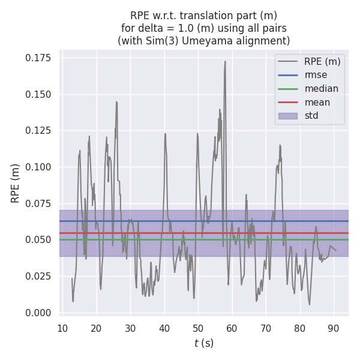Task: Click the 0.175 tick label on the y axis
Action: pos(38,58)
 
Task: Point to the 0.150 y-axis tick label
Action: pos(38,94)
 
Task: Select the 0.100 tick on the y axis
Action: pos(38,167)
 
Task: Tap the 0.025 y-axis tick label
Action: pos(38,276)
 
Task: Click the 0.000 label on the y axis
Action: pos(38,313)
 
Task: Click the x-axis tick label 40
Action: pos(164,328)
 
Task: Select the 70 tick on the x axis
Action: pos(266,328)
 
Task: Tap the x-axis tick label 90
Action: pos(334,328)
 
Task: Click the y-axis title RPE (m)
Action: pos(16,183)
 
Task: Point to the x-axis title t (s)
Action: pos(204,343)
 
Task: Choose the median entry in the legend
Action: pos(321,89)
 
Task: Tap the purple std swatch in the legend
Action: pos(288,116)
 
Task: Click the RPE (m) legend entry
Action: pos(322,61)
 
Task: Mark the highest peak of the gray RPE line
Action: pos(225,61)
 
